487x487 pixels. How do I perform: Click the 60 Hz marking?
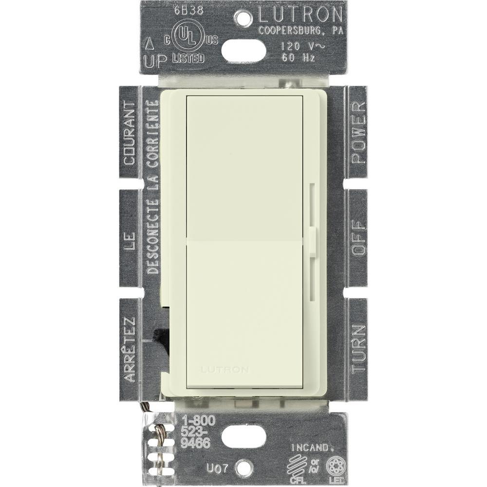click(294, 57)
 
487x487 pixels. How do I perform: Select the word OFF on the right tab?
click(358, 238)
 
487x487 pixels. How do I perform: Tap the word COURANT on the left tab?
click(129, 133)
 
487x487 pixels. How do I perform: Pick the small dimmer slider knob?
click(312, 240)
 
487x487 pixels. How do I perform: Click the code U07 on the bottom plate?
click(205, 469)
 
